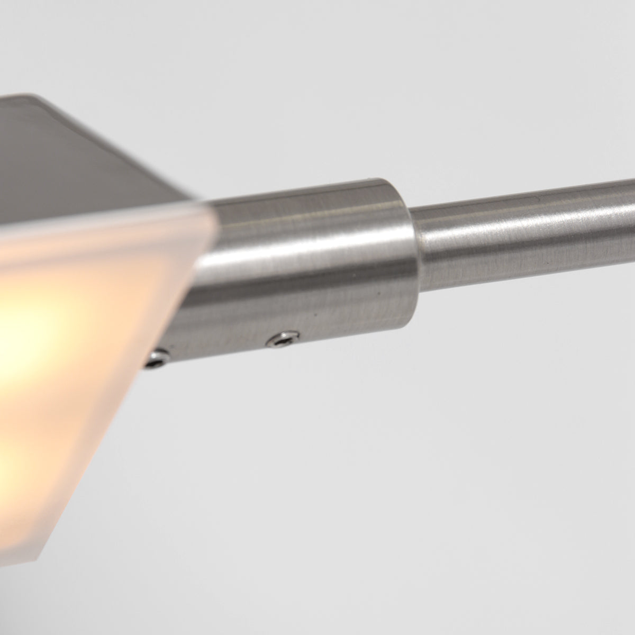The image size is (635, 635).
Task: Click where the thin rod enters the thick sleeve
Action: (x=413, y=249)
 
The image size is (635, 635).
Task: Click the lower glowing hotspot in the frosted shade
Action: (x=11, y=466)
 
